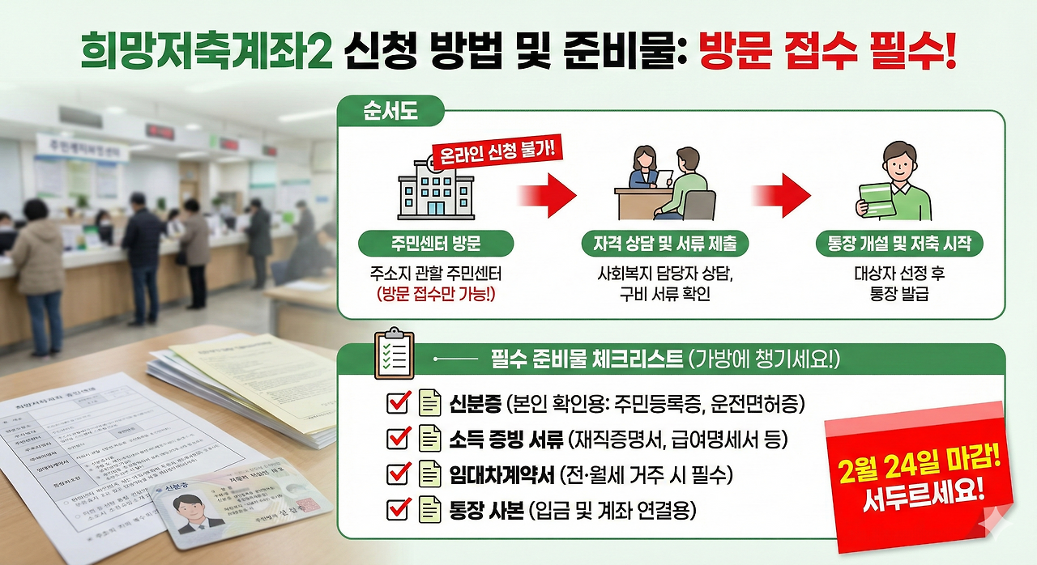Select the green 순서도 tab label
click(390, 112)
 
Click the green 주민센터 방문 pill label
click(425, 244)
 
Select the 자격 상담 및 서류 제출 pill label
click(664, 244)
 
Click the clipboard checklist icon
click(394, 354)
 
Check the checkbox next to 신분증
click(399, 402)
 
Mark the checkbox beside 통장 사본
click(399, 510)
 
